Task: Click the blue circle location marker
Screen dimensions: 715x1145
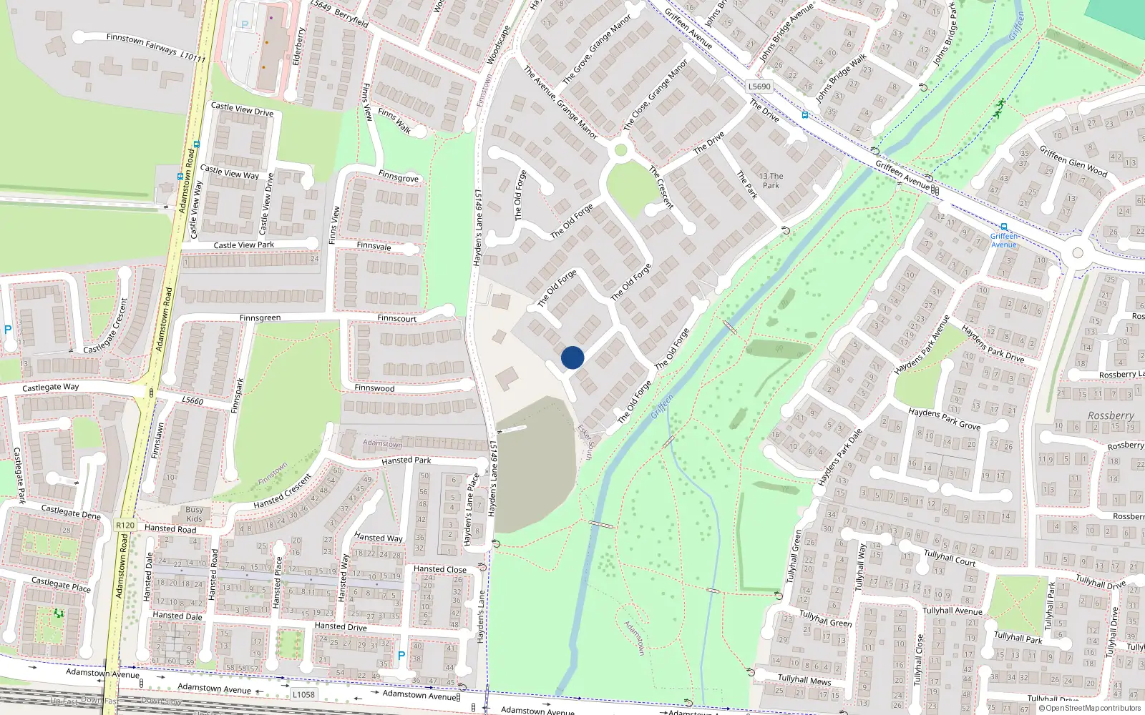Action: [572, 357]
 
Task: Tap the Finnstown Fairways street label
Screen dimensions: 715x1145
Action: [156, 47]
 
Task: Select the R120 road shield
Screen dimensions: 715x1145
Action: [125, 525]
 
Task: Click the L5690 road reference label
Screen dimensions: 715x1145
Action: [759, 87]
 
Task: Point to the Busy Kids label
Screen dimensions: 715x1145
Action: [194, 514]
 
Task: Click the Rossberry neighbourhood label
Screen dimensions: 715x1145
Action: [1111, 415]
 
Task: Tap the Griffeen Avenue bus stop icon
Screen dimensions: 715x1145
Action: [1003, 227]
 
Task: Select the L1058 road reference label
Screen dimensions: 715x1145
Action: [303, 694]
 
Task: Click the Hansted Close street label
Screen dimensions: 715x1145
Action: [439, 570]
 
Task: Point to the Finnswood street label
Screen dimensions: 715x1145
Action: [374, 388]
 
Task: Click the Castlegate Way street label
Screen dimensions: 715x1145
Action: [50, 388]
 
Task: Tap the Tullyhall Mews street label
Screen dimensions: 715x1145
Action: [804, 679]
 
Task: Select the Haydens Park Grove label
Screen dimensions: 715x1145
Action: [944, 419]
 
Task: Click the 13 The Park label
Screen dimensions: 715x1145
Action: [771, 181]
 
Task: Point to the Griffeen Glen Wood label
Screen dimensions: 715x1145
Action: [1073, 162]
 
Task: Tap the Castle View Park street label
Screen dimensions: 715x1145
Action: [243, 245]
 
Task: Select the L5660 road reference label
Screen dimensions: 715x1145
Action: [193, 400]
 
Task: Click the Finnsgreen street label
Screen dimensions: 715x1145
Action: [260, 318]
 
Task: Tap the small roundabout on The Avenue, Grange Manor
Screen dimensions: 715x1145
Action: [620, 150]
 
